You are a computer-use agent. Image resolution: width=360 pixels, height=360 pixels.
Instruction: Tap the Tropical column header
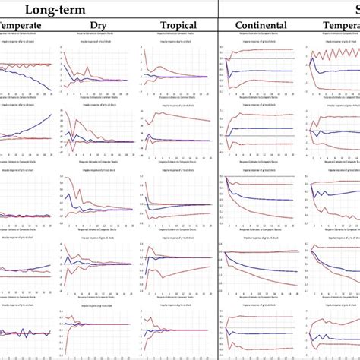179,26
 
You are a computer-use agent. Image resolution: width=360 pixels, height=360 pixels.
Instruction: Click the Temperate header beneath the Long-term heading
23,26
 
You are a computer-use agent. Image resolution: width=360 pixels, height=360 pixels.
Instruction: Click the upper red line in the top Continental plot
258,52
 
